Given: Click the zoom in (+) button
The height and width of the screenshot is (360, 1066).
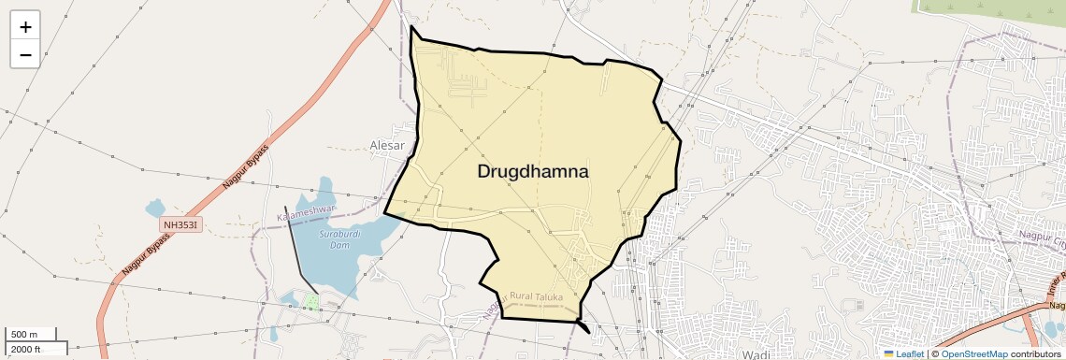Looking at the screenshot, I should tap(25, 27).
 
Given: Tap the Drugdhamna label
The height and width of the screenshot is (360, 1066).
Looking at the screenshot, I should tap(533, 172).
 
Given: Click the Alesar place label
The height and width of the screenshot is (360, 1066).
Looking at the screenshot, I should tap(387, 146).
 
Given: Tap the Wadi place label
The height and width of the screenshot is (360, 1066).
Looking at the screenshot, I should tap(755, 354).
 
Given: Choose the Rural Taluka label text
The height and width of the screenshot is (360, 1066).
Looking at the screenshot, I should tap(537, 296).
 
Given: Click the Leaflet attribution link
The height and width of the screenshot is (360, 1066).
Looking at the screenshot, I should tap(910, 353).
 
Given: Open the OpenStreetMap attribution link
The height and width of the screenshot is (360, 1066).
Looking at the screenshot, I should tap(973, 353).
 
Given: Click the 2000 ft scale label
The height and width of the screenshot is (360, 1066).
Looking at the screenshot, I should tap(25, 349).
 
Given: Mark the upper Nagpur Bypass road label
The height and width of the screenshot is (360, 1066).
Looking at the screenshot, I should tap(247, 167).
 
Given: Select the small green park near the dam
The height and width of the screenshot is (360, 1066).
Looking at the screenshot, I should tap(310, 302).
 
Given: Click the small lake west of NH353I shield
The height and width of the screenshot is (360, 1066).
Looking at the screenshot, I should tap(155, 208).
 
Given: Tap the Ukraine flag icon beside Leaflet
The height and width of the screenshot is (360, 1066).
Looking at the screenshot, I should tap(888, 353).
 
